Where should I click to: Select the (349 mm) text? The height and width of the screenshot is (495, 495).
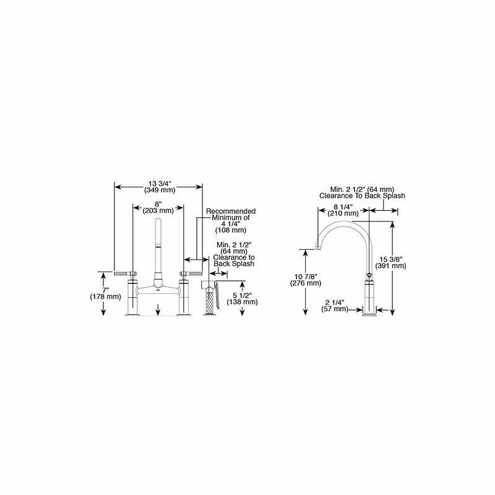[160, 190]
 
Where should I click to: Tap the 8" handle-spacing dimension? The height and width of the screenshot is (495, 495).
[158, 204]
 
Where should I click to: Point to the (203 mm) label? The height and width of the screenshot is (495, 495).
[158, 210]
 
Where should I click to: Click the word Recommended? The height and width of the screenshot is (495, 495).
[231, 211]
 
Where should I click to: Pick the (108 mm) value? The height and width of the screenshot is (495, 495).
[231, 230]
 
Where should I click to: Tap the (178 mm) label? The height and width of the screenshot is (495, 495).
[105, 297]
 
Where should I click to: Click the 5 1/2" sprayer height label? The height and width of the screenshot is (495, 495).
[242, 296]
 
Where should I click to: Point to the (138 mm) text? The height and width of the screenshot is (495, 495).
[242, 302]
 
